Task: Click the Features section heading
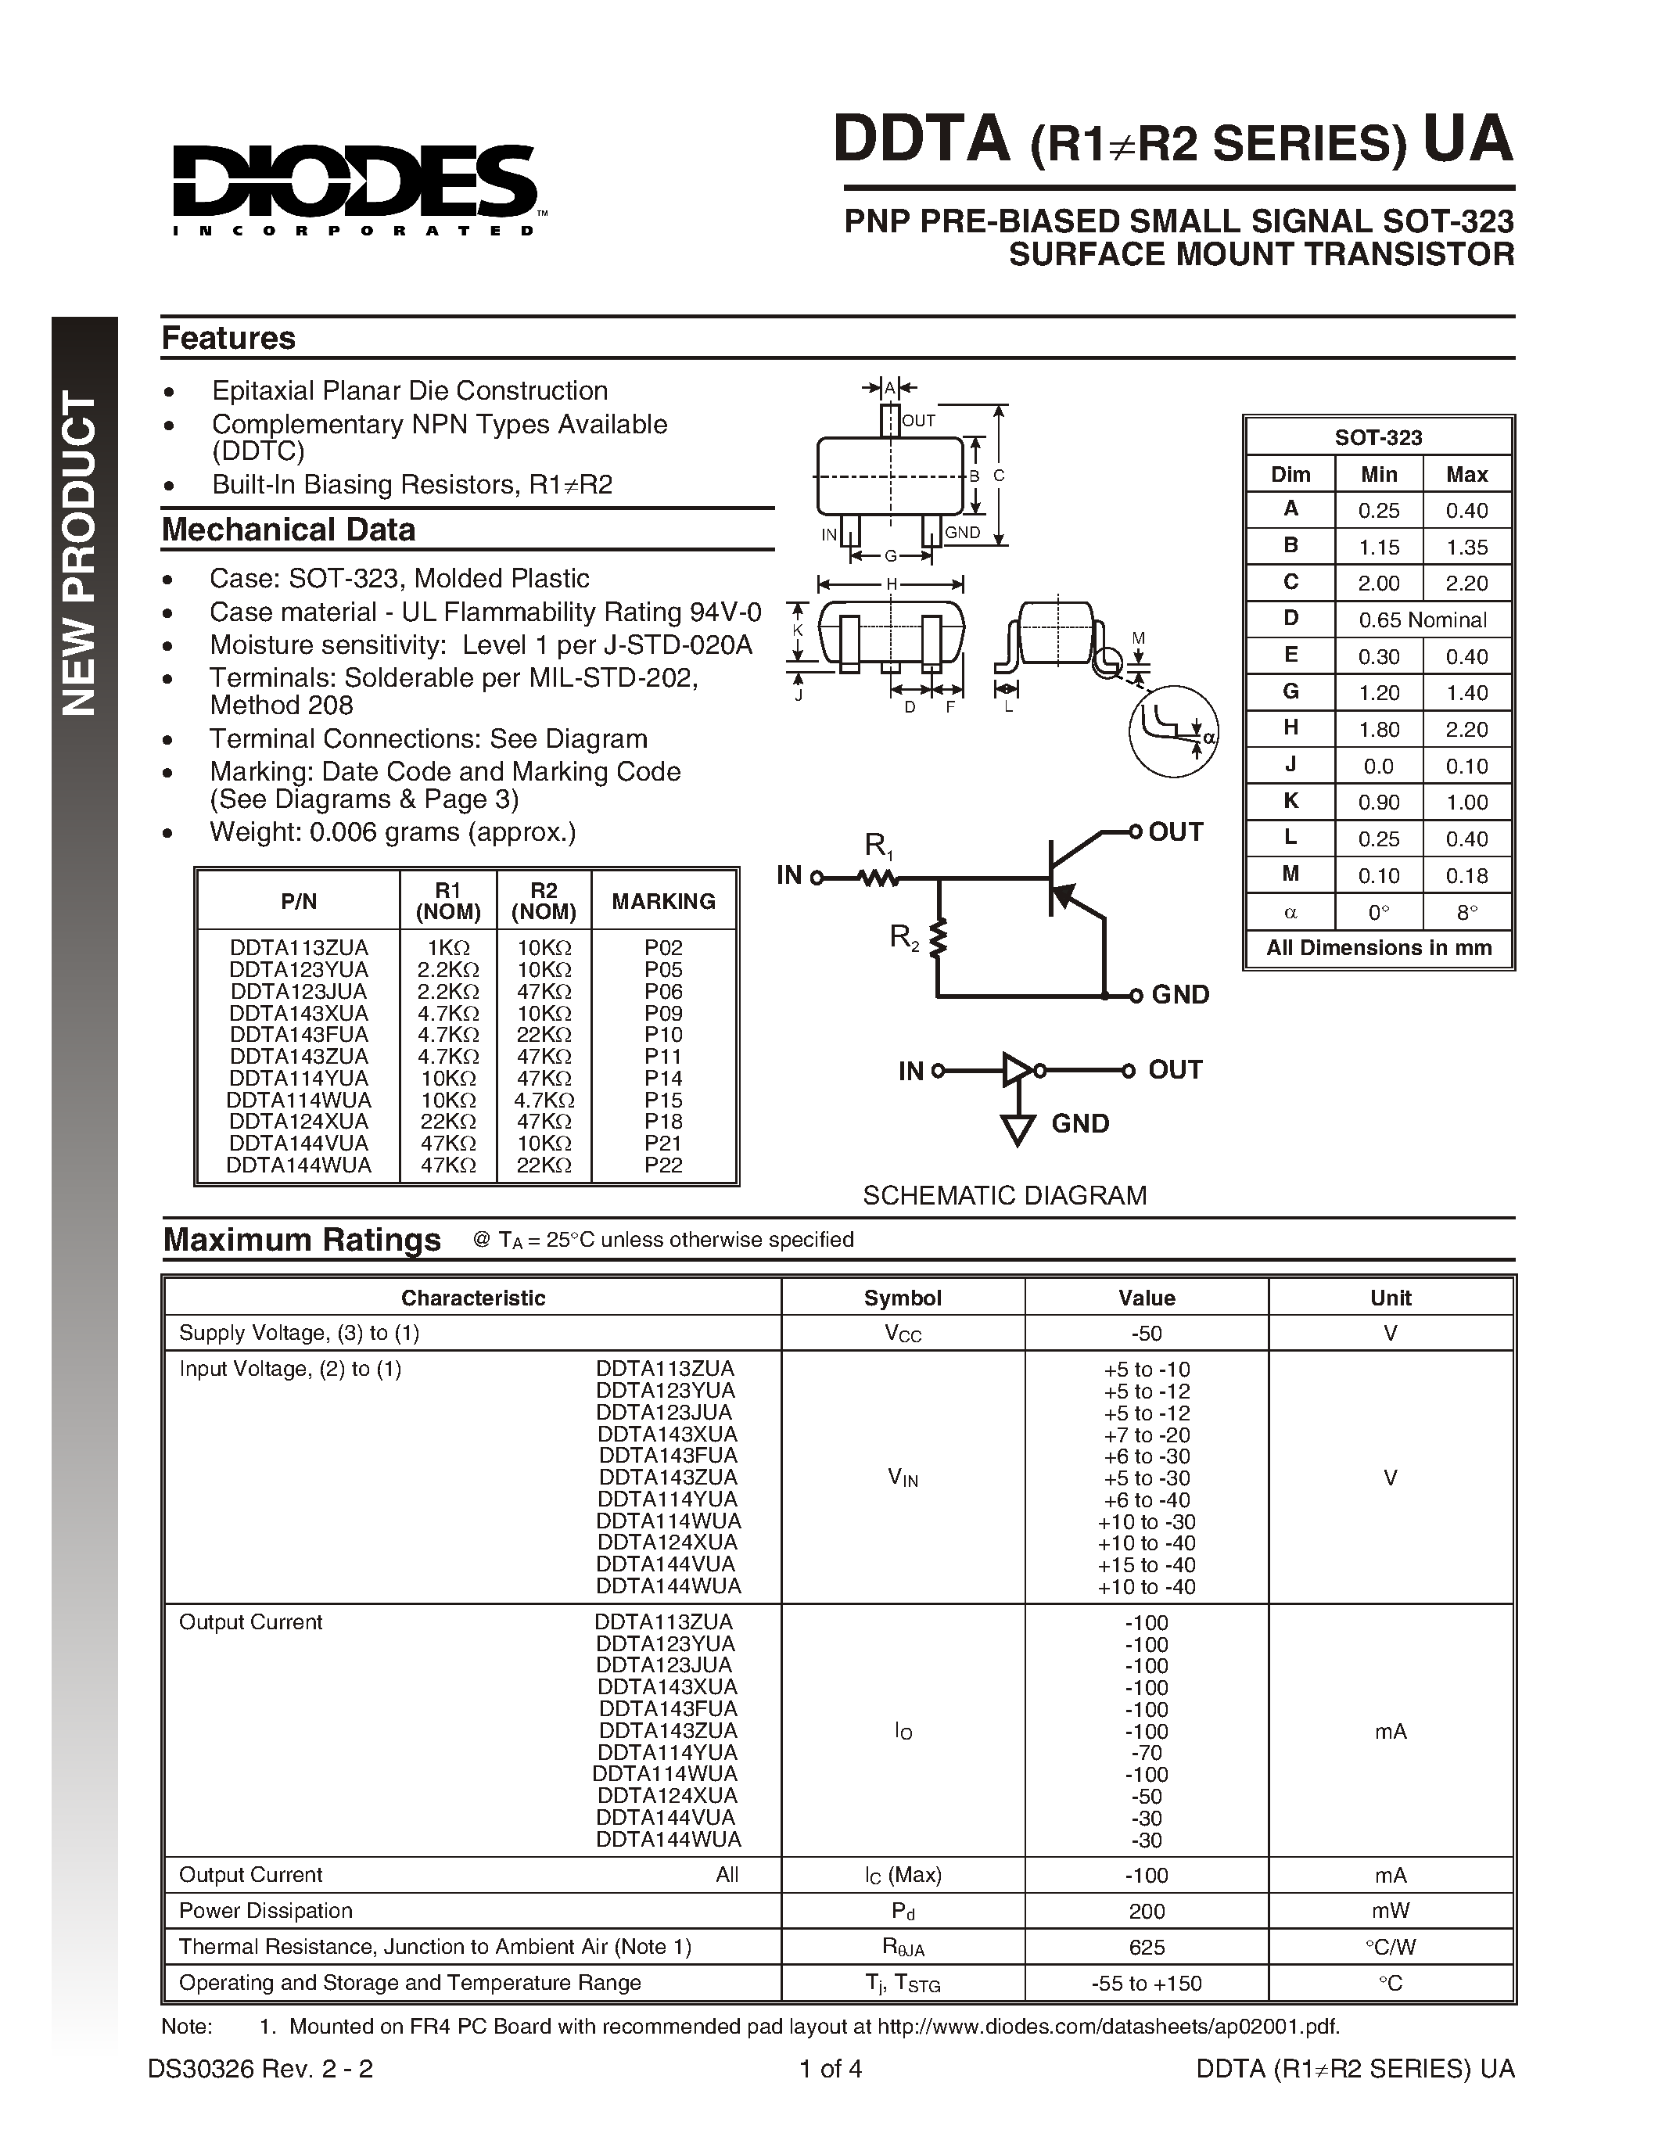228,338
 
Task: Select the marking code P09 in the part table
662,1012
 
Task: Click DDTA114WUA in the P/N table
298,1099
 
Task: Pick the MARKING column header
662,900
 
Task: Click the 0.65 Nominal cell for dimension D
1422,619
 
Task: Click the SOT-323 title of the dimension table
1377,437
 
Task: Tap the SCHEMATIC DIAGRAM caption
1004,1194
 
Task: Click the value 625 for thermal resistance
1146,1947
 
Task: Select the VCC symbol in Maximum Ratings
902,1334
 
